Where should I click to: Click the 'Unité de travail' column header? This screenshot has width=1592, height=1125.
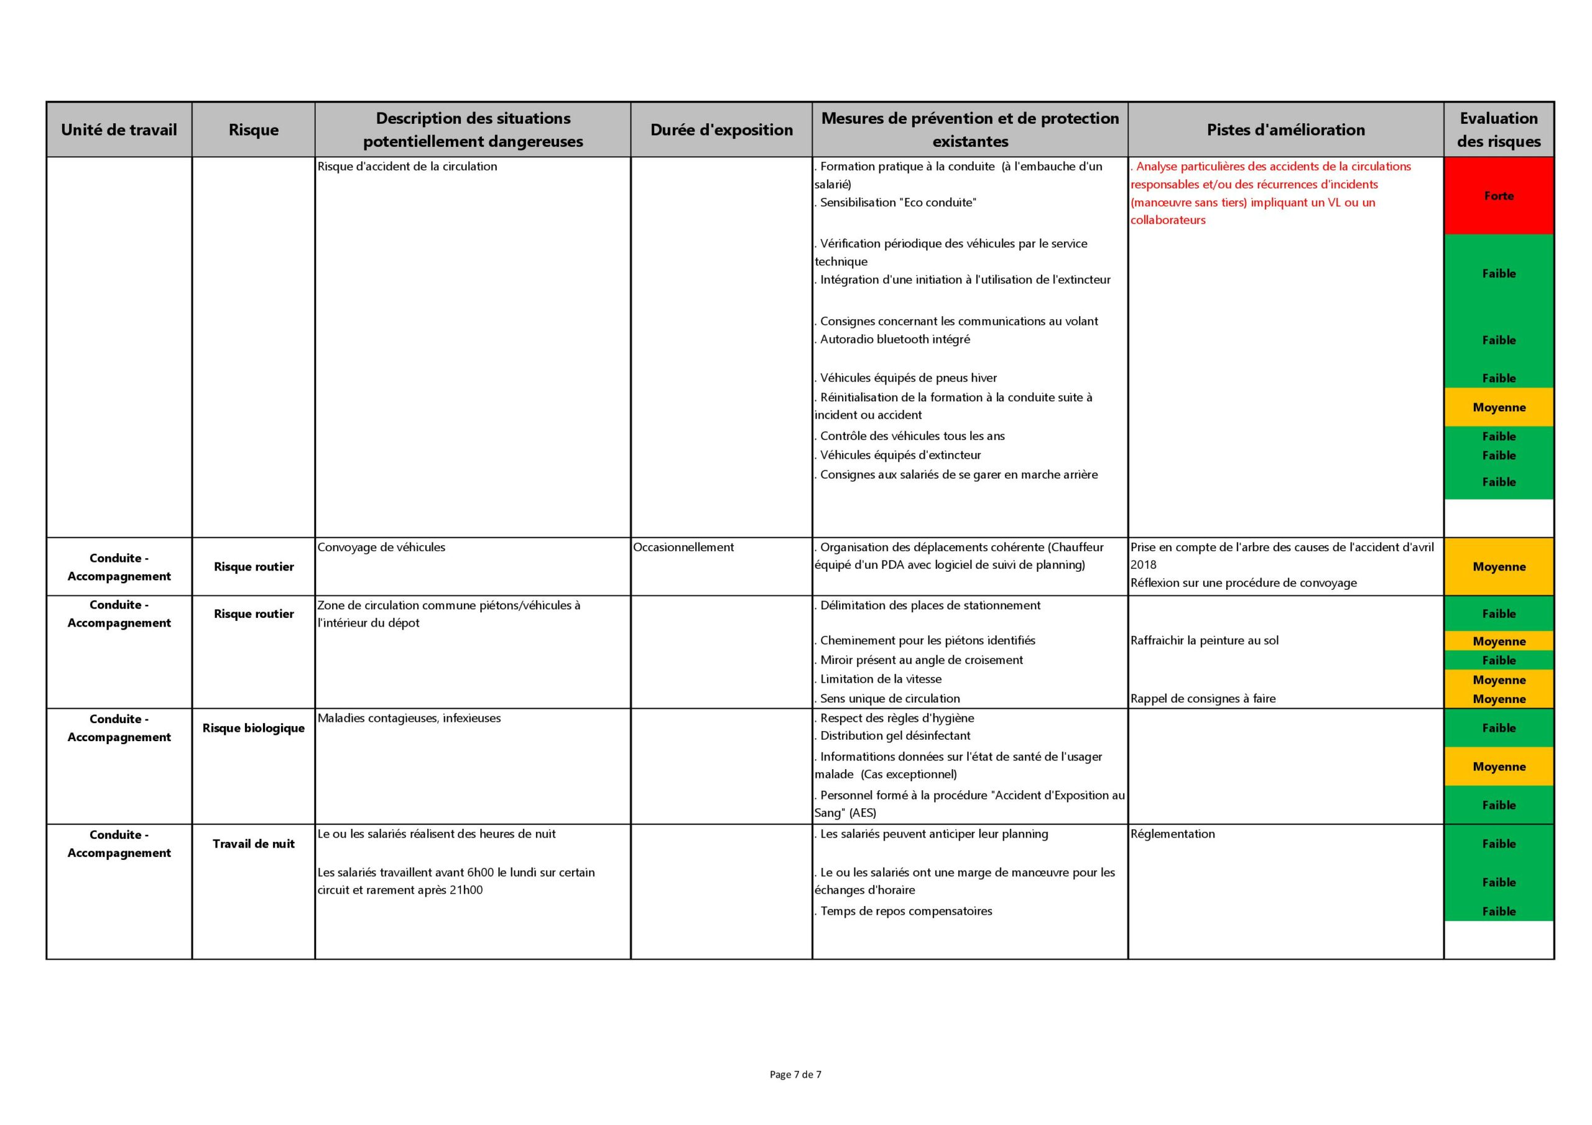(119, 129)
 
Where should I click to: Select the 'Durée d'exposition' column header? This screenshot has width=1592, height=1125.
(721, 129)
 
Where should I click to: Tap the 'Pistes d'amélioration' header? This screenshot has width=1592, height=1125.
(1285, 129)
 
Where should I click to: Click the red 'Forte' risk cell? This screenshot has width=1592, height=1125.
(1498, 195)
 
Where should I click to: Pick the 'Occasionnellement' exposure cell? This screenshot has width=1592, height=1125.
(683, 547)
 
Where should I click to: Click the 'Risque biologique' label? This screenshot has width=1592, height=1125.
(253, 727)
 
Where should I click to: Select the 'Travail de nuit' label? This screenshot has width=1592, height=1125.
(253, 843)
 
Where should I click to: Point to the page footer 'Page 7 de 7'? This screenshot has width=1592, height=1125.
(795, 1075)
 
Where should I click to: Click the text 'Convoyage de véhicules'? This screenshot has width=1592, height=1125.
(381, 547)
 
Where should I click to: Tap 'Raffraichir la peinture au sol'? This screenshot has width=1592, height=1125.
(1205, 640)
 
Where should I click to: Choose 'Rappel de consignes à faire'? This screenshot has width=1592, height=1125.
(1203, 698)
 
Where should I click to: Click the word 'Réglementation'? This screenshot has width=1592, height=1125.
(1172, 834)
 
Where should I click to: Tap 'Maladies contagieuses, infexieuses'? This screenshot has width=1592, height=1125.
(409, 718)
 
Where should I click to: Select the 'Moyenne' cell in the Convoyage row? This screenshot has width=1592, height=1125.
(1498, 567)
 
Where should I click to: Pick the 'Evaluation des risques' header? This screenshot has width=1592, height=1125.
(1498, 129)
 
